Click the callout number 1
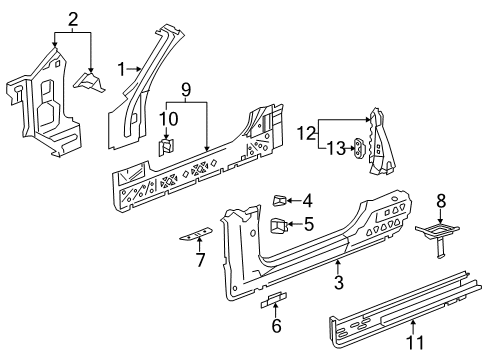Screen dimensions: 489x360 (121, 69)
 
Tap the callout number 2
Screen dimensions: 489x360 (73, 19)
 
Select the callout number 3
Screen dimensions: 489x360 (338, 283)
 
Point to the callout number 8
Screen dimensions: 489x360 (441, 201)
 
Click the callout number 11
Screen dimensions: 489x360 (415, 342)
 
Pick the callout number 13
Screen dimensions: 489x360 (336, 148)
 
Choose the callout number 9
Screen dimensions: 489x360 (186, 90)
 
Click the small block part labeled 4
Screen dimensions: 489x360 (279, 200)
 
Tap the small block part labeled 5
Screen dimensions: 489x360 (277, 226)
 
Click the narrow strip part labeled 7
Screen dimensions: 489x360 (195, 234)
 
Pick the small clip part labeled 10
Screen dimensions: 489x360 (166, 147)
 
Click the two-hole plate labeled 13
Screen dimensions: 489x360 (360, 148)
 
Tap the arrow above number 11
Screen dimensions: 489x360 (413, 327)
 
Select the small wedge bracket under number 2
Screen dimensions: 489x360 (90, 82)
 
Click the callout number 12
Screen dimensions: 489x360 (306, 134)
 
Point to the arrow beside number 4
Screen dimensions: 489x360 (294, 200)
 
